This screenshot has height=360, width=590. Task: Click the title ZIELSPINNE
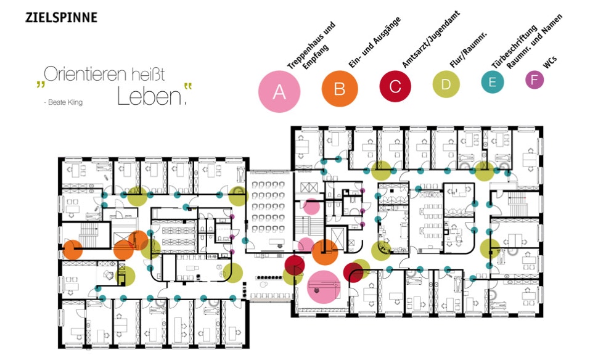click(x=61, y=17)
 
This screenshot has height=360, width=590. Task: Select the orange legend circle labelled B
click(x=339, y=89)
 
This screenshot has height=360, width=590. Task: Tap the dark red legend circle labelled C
click(x=395, y=86)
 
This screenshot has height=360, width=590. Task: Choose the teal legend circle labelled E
click(x=492, y=82)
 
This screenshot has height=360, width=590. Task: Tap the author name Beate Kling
click(x=64, y=102)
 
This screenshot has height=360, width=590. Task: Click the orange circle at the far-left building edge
click(x=73, y=250)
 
